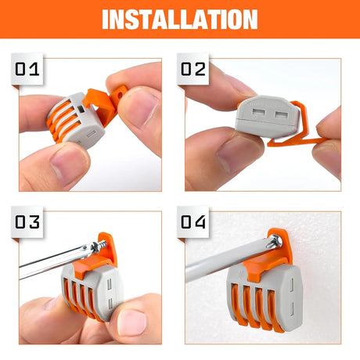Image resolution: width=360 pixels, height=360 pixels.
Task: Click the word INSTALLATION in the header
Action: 179,18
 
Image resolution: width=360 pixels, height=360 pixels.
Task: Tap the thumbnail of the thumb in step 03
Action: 125,321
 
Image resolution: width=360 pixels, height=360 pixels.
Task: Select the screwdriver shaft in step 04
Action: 219,267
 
